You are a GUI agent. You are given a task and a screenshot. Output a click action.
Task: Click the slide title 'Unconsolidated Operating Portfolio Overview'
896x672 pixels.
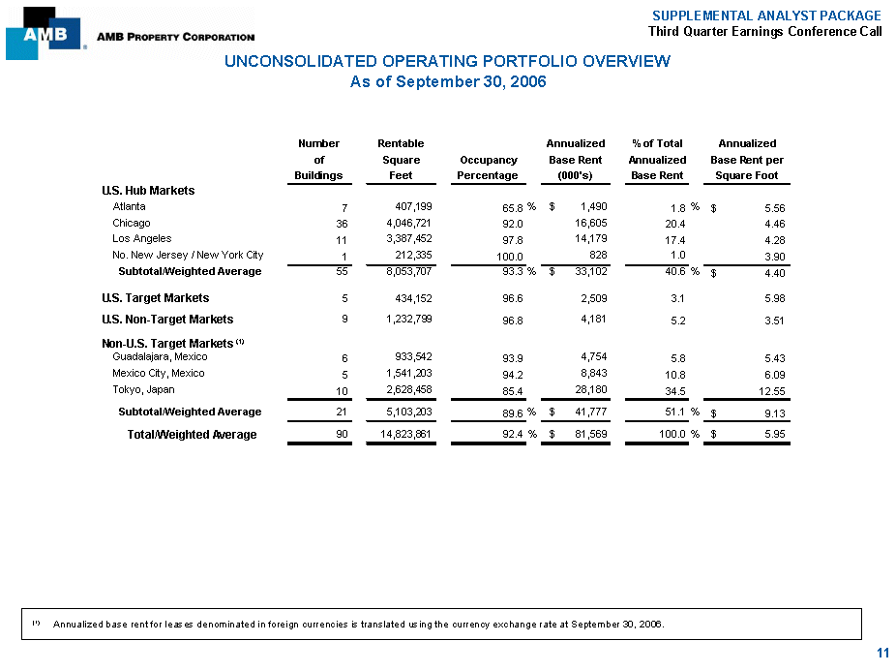[x=447, y=62]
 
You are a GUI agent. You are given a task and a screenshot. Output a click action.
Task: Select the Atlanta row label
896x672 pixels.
[x=130, y=206]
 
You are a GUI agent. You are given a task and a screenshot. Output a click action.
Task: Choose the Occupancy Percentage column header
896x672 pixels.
[x=488, y=168]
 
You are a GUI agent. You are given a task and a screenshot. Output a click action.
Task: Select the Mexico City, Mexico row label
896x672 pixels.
[x=158, y=373]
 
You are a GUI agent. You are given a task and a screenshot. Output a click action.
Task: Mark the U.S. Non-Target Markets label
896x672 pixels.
[x=167, y=319]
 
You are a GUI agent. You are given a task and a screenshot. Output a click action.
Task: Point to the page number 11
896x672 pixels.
[x=881, y=654]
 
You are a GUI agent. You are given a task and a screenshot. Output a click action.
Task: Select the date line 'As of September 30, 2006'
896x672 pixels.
[x=447, y=81]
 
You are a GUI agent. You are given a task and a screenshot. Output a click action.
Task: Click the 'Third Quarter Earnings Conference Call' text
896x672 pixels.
[x=764, y=31]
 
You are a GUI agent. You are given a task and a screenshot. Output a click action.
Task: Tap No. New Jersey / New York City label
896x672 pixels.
[x=188, y=255]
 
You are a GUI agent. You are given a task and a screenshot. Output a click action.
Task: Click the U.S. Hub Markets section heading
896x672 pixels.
[x=148, y=190]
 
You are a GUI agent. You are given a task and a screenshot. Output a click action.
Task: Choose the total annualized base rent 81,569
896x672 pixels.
[x=590, y=435]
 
